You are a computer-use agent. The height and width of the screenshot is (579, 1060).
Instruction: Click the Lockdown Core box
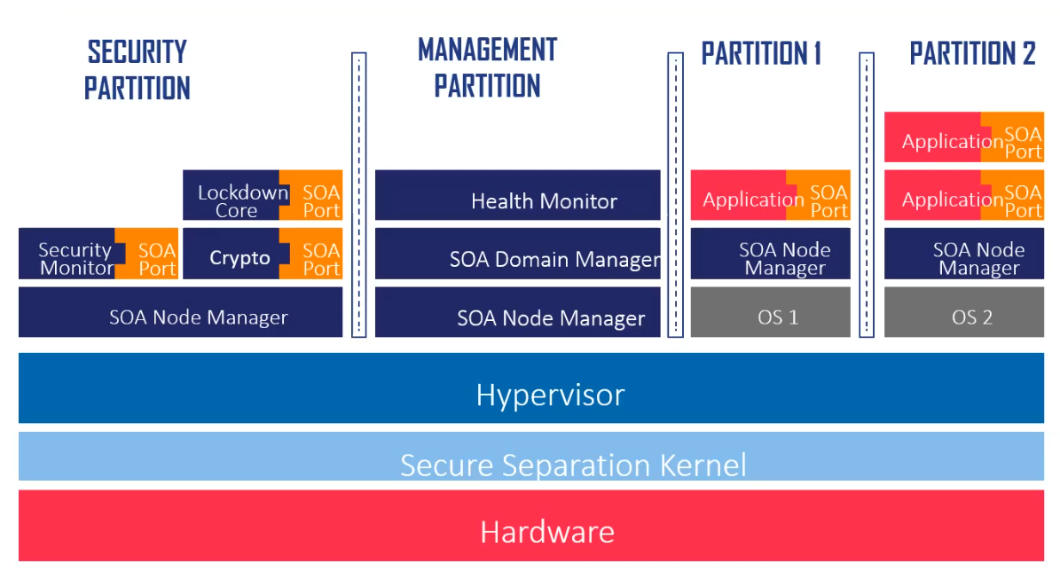click(232, 200)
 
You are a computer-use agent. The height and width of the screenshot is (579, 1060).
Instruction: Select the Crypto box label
click(239, 258)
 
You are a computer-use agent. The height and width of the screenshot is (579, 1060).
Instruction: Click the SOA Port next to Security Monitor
click(156, 259)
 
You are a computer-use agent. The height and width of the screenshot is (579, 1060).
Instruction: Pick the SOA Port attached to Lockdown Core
click(319, 200)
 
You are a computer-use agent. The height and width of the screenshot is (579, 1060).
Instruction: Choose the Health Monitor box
click(543, 201)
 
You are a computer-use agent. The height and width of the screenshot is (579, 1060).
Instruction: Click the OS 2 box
click(971, 317)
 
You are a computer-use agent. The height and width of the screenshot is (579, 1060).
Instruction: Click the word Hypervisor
click(550, 394)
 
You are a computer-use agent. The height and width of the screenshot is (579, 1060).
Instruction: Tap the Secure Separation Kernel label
click(572, 465)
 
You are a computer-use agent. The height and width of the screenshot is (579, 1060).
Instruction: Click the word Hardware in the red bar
click(546, 531)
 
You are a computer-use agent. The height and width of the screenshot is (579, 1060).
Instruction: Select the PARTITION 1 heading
click(761, 54)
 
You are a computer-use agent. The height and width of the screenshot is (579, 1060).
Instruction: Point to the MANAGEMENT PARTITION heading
click(487, 67)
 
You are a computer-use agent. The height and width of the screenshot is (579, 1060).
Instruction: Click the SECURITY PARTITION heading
click(137, 70)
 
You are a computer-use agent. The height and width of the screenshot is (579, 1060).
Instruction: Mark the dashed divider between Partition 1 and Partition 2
click(867, 195)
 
